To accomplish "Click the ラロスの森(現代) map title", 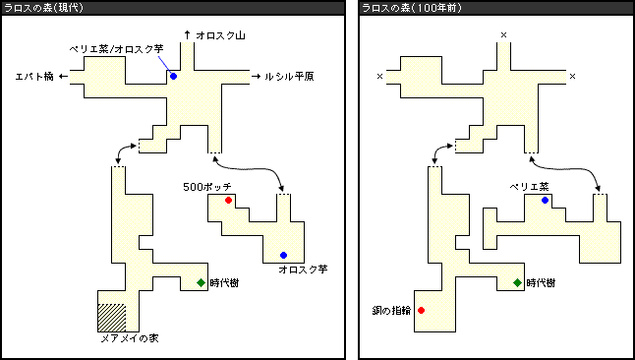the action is coord(43,8).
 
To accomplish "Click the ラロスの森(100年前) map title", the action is coord(412,8).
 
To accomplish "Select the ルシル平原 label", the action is coord(289,76).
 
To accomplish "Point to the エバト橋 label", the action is coord(34,76).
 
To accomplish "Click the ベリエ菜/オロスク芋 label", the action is coord(116,49).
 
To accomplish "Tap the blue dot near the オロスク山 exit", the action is coord(173,76).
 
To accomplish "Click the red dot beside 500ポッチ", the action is coord(228,200).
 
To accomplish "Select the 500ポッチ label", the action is coord(207,187).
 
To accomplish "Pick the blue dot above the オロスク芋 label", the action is coord(283,255).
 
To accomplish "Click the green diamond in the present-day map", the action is coord(201,283).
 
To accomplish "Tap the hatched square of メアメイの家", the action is coord(112,318).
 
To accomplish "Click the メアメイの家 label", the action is coord(130,338).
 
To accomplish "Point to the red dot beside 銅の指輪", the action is coord(421,310).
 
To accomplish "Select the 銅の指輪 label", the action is coord(391,311).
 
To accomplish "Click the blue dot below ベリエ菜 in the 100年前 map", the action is coord(546,200).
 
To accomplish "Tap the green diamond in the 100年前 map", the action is coord(517,283).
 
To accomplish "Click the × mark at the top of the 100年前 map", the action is coord(504,35).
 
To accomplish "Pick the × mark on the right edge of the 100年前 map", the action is coord(573,76).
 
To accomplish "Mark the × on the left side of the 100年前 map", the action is coord(379,76).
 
